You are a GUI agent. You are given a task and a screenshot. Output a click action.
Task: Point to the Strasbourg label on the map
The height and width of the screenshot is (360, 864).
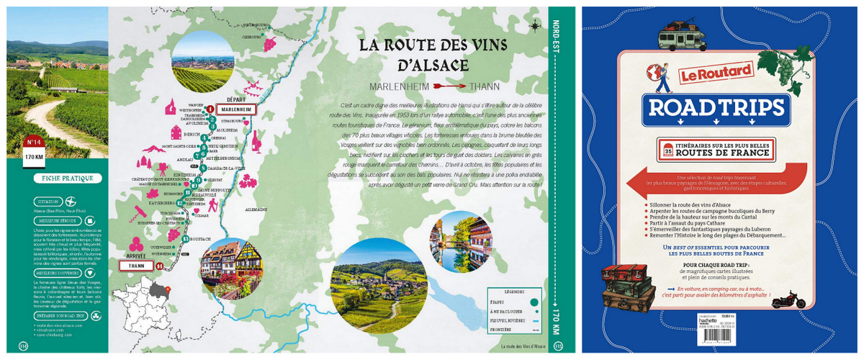tap(232, 122)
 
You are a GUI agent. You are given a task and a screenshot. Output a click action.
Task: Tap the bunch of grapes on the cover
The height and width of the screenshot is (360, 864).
tap(788, 68)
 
